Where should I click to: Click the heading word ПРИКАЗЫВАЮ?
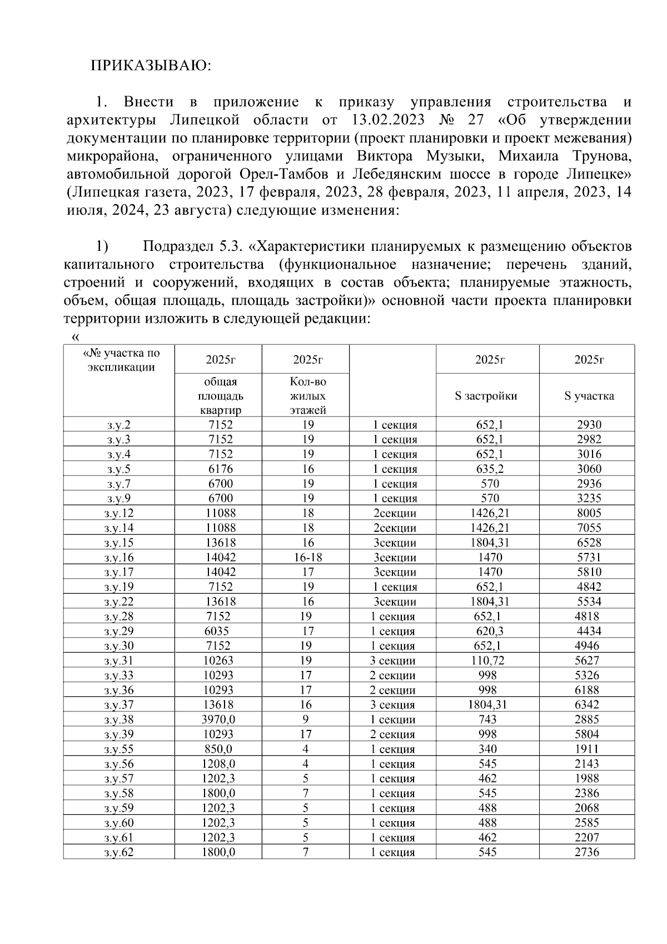pos(151,66)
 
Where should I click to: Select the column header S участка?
pos(589,396)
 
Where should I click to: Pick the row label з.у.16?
pos(119,557)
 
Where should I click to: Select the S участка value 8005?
pos(589,513)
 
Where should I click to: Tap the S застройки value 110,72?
pos(488,660)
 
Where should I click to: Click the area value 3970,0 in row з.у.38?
pos(218,719)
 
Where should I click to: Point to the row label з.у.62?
pos(119,852)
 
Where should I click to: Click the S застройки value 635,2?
pos(488,469)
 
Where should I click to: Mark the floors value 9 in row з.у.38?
pos(306,719)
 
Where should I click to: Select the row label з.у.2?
pos(119,425)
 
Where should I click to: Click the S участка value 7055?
pos(589,528)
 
